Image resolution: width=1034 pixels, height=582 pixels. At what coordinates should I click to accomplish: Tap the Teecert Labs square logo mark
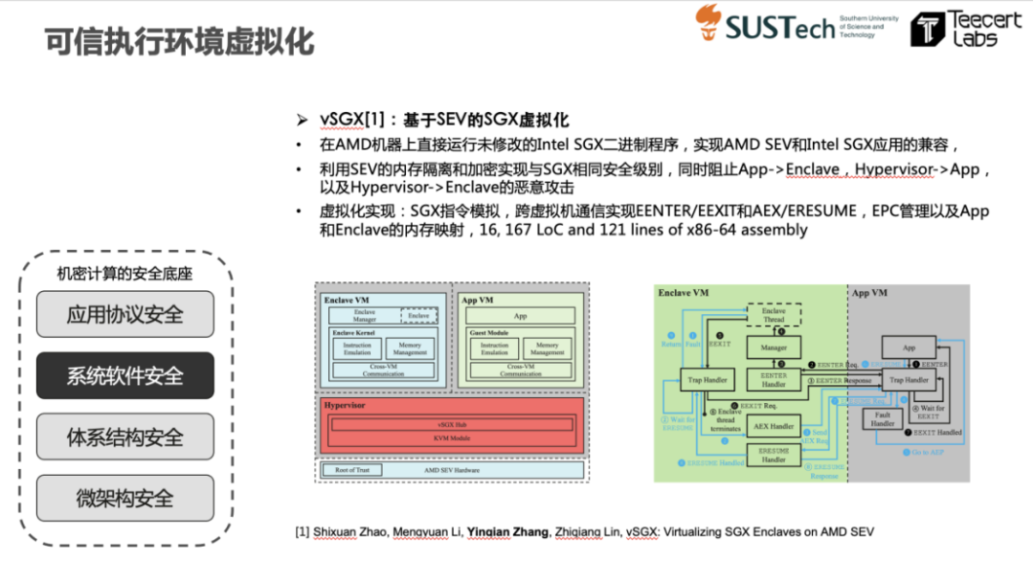(x=927, y=30)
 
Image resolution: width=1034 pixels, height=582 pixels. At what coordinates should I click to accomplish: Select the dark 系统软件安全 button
(x=124, y=376)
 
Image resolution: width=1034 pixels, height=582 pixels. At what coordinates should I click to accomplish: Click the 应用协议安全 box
(x=124, y=315)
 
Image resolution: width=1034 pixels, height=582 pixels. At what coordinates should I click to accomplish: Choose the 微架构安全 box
(x=124, y=498)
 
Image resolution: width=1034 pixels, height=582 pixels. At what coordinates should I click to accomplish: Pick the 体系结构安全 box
(x=124, y=437)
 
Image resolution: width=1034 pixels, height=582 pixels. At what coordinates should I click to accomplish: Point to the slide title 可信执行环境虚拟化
(x=180, y=43)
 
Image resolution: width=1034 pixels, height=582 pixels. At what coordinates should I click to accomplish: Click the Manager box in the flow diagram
(x=774, y=348)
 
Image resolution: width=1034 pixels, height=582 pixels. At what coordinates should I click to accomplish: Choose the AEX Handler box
(x=774, y=426)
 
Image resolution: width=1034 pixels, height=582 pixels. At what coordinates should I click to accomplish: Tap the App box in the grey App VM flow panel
(x=908, y=348)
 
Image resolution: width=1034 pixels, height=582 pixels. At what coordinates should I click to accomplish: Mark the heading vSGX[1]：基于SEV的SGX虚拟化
(x=444, y=120)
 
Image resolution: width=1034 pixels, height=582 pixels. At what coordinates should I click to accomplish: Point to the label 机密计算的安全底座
(x=124, y=274)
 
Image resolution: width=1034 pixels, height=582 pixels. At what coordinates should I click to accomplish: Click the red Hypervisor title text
(x=344, y=405)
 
